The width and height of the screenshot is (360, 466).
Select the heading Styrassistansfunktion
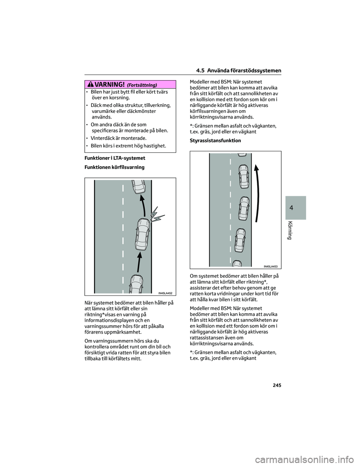point(216,140)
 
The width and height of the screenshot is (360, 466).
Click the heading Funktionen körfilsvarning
point(115,167)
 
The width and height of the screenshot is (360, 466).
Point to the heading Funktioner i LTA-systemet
point(115,158)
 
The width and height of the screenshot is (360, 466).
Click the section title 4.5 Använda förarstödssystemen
point(238,71)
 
